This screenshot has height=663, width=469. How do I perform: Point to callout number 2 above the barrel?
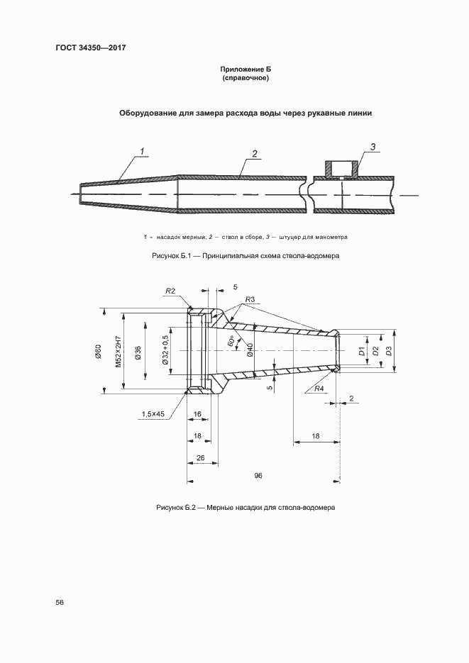[x=254, y=154]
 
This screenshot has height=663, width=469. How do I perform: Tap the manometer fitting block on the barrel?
[x=341, y=169]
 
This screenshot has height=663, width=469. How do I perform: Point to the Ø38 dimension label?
[x=139, y=351]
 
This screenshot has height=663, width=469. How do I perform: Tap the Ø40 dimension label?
[x=251, y=350]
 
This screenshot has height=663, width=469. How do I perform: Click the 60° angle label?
[x=231, y=342]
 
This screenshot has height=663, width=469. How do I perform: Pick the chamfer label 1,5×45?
[x=153, y=413]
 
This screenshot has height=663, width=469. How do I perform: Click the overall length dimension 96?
[x=258, y=476]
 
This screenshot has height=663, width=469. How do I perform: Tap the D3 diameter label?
[x=389, y=350]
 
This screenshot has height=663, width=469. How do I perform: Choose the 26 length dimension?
[x=201, y=458]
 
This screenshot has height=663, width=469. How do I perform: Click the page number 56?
[x=60, y=602]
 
